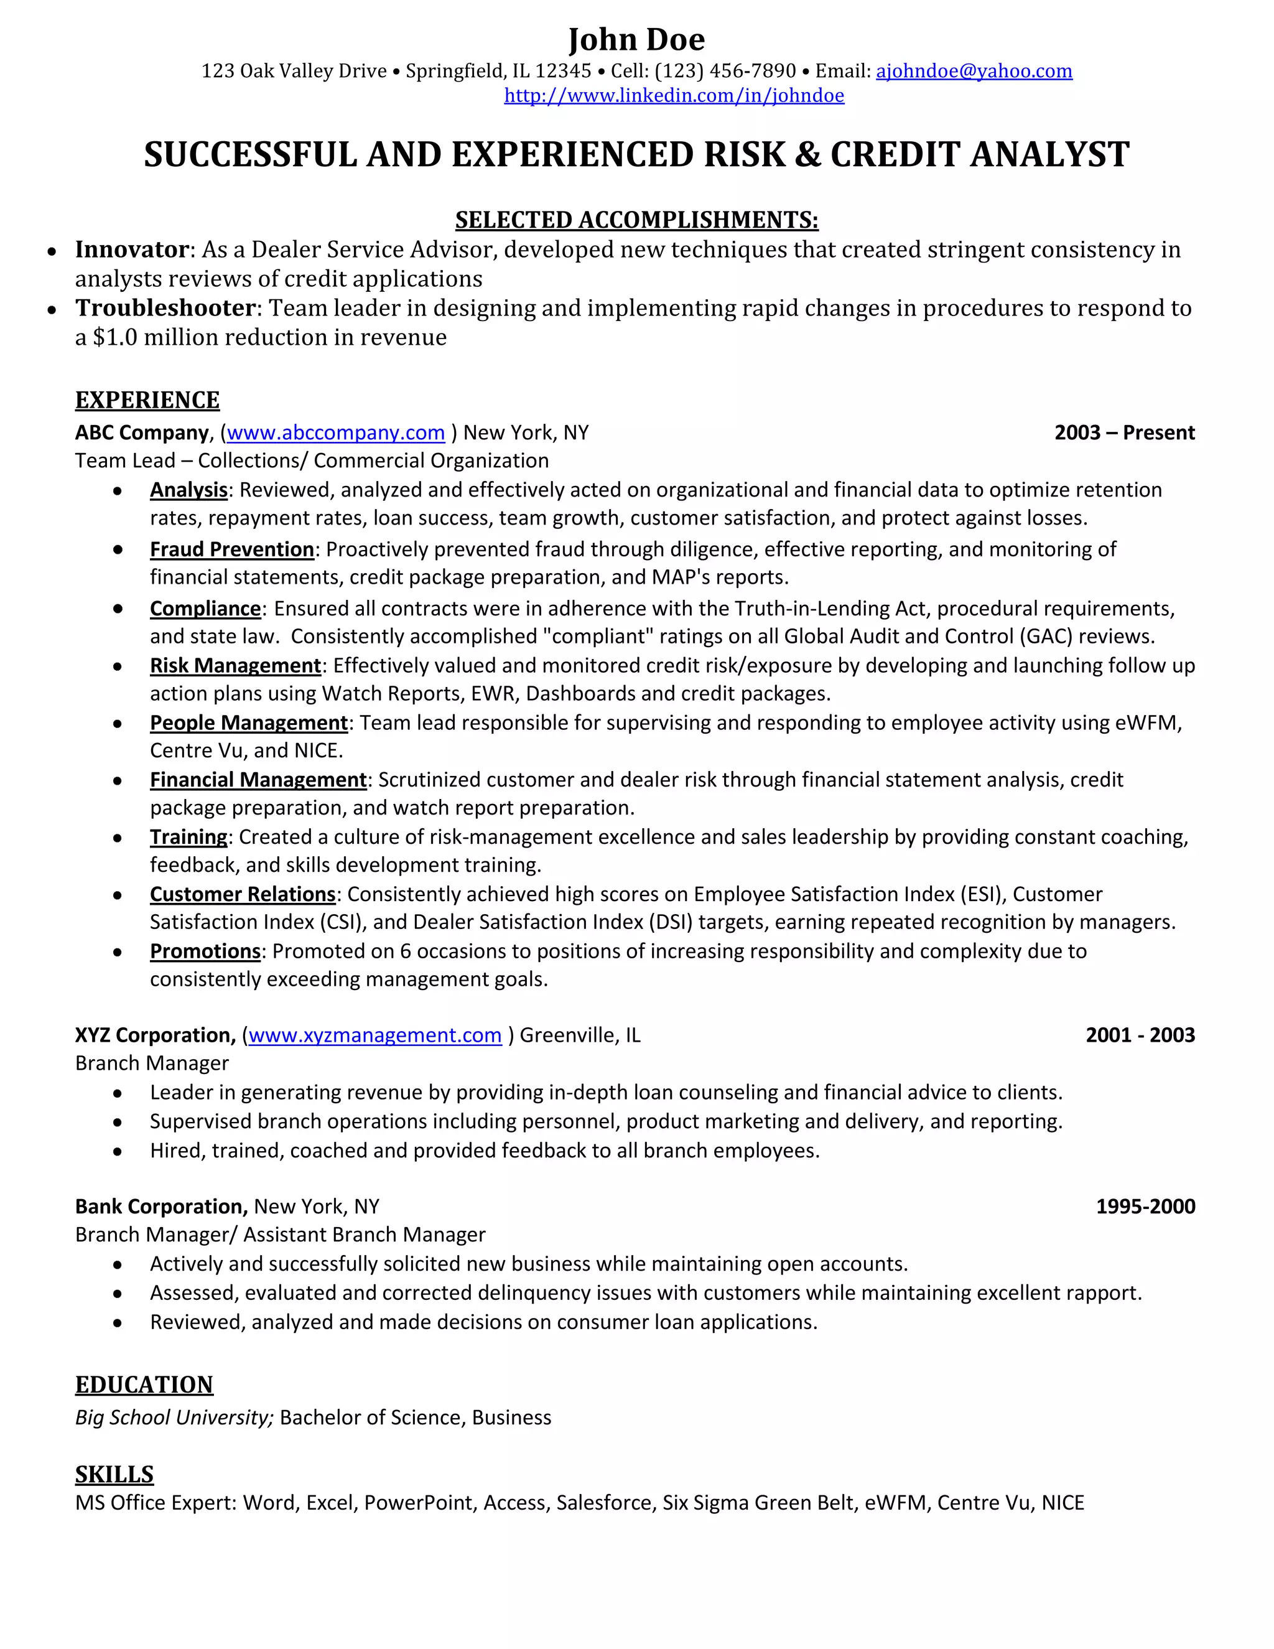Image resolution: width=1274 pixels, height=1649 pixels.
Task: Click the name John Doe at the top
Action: [636, 39]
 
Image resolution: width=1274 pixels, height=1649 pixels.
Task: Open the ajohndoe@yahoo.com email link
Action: [974, 71]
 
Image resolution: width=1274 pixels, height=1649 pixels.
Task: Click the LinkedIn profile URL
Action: [674, 96]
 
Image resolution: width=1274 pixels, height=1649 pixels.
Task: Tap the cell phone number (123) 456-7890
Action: [725, 71]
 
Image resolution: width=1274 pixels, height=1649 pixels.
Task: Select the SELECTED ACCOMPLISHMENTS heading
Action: [636, 220]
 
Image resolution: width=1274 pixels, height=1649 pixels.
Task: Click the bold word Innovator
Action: [131, 249]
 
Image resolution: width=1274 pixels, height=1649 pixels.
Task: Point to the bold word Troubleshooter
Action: [165, 308]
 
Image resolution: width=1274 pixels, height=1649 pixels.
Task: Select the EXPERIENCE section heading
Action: [147, 400]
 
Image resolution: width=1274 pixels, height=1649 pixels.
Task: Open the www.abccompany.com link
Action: [335, 432]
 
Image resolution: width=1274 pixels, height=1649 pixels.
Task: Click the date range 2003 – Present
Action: [1124, 432]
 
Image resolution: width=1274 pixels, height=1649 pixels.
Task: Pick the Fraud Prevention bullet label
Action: [231, 549]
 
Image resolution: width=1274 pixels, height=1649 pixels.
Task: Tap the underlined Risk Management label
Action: [236, 665]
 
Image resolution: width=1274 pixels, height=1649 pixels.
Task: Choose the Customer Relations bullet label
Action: [242, 894]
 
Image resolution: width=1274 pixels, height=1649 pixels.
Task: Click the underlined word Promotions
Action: [205, 951]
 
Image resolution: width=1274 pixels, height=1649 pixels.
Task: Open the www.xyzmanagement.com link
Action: [374, 1035]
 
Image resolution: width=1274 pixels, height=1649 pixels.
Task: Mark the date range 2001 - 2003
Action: [1140, 1035]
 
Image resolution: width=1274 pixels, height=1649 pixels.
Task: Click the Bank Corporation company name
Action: [160, 1207]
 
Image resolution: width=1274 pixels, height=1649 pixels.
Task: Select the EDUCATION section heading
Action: [144, 1385]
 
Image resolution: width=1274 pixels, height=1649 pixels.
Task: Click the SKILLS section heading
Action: [114, 1474]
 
